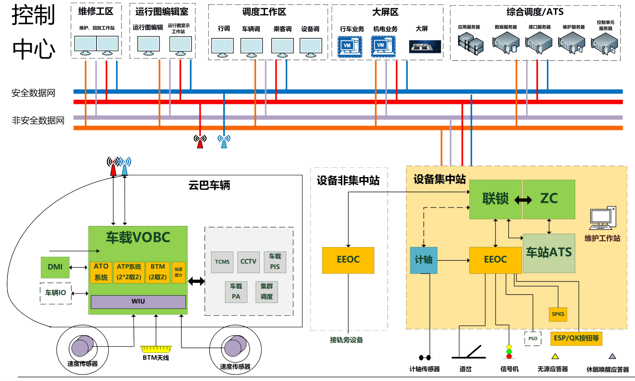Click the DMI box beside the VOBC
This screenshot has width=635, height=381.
(55, 267)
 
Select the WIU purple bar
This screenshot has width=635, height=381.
(138, 302)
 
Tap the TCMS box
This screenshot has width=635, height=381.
(222, 262)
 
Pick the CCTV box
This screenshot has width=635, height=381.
(248, 262)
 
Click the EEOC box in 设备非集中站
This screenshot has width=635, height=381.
(348, 260)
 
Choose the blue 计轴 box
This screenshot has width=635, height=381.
(424, 260)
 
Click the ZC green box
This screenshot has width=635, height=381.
(549, 199)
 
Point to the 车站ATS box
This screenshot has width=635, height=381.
(549, 253)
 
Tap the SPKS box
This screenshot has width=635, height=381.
(558, 314)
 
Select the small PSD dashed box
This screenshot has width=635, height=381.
(533, 339)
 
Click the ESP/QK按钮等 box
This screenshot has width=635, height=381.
(576, 338)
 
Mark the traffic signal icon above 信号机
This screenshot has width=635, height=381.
(509, 352)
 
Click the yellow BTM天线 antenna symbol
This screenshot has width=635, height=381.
(155, 349)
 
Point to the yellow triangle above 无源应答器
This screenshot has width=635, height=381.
(555, 356)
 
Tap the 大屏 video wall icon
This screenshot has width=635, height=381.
(425, 46)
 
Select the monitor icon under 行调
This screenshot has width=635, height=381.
(222, 46)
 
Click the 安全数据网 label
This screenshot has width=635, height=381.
(33, 93)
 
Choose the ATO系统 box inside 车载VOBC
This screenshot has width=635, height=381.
(101, 272)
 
